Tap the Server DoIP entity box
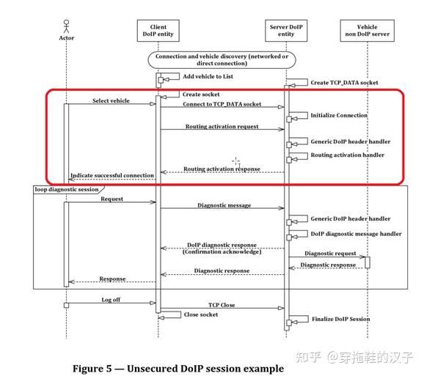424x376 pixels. (x=286, y=30)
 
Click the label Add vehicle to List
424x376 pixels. (x=208, y=76)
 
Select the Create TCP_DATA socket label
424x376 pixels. (x=344, y=83)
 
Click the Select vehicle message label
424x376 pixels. (x=111, y=100)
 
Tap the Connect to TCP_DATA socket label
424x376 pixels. (x=222, y=105)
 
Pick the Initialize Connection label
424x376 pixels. (x=338, y=115)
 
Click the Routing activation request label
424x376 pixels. (x=222, y=127)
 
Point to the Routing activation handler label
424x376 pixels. (x=347, y=155)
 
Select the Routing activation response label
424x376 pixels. (x=222, y=169)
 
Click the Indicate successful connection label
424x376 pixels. (x=112, y=175)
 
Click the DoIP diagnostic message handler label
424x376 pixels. (x=356, y=234)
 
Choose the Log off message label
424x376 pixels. (x=112, y=300)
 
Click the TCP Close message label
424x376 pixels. (x=222, y=304)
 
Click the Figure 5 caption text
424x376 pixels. (x=178, y=368)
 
